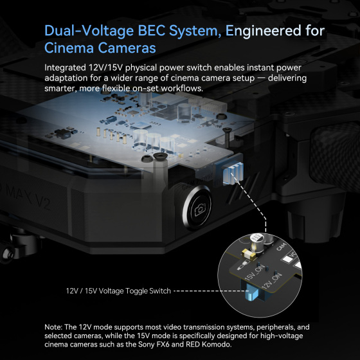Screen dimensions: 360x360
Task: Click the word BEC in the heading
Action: (x=152, y=31)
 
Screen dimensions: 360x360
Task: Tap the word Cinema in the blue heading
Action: (x=69, y=48)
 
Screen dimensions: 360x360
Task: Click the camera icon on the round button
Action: (x=200, y=209)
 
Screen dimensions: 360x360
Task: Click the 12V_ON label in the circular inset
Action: (x=271, y=281)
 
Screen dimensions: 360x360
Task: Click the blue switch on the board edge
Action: (x=233, y=173)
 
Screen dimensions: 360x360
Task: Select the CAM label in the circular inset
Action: (x=282, y=247)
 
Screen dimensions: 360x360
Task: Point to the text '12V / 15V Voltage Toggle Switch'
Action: (x=118, y=291)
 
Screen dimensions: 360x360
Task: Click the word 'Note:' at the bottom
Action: (x=53, y=327)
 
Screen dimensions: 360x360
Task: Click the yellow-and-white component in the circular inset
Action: (x=248, y=255)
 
